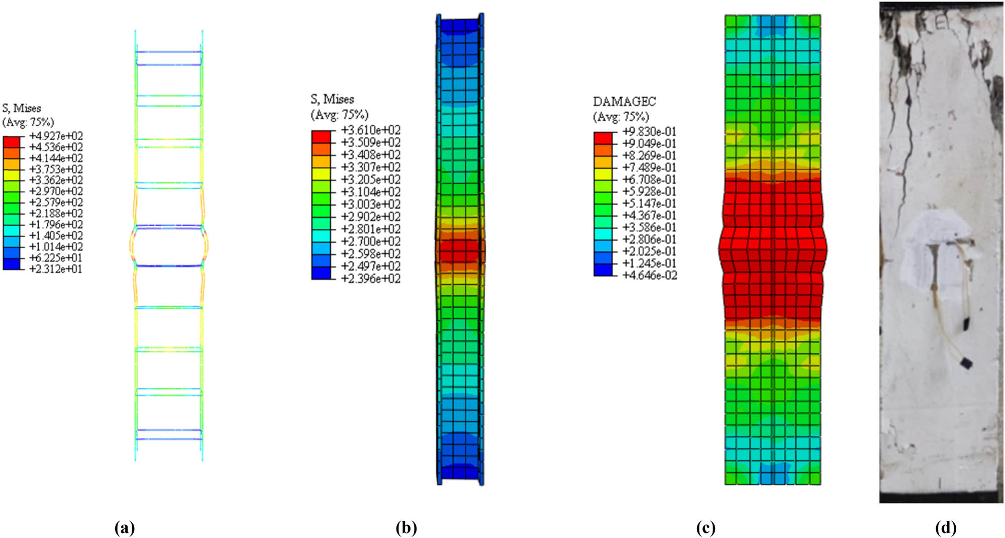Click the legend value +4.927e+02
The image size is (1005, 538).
tap(56, 136)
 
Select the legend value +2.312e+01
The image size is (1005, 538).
tap(56, 269)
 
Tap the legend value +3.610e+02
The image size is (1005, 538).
tap(371, 130)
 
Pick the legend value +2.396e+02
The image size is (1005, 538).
tap(371, 279)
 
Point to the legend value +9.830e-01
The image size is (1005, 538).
tap(649, 132)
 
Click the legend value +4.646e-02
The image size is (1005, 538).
tap(649, 276)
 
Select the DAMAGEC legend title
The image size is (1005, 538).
tap(624, 102)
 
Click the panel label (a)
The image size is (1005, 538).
tap(125, 527)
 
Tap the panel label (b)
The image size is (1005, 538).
tap(406, 527)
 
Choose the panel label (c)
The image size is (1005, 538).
tap(706, 527)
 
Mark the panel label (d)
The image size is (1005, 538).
tap(946, 527)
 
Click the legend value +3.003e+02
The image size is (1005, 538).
tap(371, 205)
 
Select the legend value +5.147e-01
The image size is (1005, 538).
tap(649, 204)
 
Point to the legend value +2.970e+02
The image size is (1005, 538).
tap(56, 192)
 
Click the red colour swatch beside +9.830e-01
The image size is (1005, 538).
tap(603, 138)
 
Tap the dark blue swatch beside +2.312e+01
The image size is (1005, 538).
tap(12, 265)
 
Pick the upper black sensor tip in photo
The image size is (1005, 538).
tap(966, 324)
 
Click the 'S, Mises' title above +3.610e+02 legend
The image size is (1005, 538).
tap(332, 99)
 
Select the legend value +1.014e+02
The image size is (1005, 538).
tap(56, 247)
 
